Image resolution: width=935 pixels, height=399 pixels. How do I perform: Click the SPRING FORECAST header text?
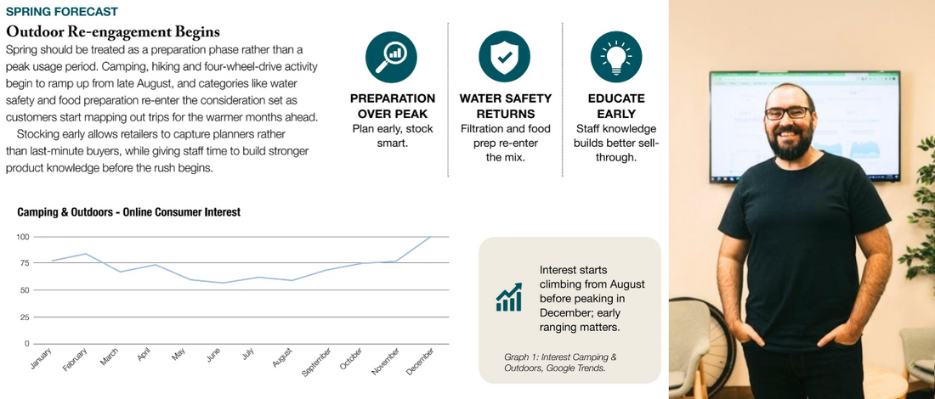pyautogui.click(x=61, y=12)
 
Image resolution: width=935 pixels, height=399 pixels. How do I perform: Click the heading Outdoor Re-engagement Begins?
pyautogui.click(x=113, y=31)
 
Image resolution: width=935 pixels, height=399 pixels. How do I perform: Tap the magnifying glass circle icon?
pyautogui.click(x=391, y=57)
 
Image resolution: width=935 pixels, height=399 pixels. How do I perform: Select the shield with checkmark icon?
pyautogui.click(x=504, y=57)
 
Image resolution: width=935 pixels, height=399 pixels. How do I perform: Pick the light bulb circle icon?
pyautogui.click(x=616, y=57)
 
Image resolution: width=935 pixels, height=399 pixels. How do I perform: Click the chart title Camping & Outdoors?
pyautogui.click(x=129, y=212)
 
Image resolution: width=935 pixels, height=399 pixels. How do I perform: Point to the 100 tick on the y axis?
pyautogui.click(x=24, y=237)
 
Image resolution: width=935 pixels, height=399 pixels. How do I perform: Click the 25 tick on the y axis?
pyautogui.click(x=25, y=317)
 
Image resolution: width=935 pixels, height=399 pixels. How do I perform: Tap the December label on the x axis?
pyautogui.click(x=420, y=362)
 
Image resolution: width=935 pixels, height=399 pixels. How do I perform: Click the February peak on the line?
pyautogui.click(x=86, y=254)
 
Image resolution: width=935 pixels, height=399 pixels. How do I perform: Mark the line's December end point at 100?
pyautogui.click(x=430, y=237)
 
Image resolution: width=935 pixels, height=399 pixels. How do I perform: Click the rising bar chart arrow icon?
pyautogui.click(x=508, y=296)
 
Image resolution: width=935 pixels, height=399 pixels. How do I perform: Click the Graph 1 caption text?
pyautogui.click(x=560, y=362)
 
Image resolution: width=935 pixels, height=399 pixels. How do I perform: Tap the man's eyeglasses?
pyautogui.click(x=787, y=113)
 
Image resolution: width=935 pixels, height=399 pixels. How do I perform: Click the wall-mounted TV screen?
pyautogui.click(x=805, y=126)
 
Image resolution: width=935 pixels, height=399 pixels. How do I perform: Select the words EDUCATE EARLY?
pyautogui.click(x=616, y=106)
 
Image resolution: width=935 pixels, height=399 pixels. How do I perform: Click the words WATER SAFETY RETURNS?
pyautogui.click(x=505, y=106)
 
